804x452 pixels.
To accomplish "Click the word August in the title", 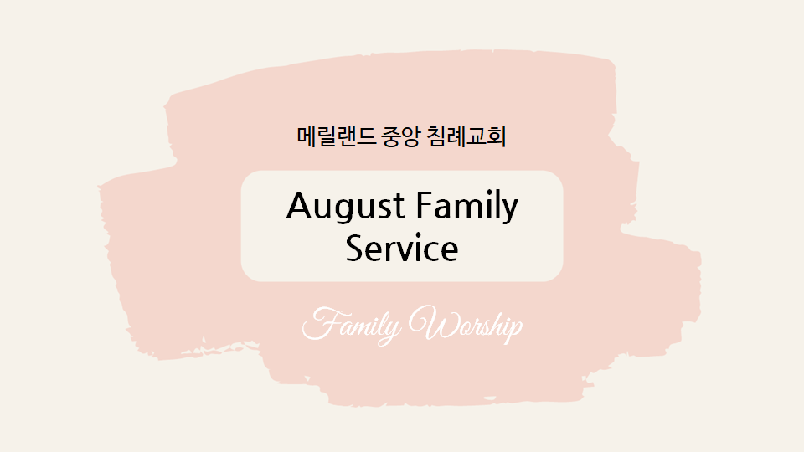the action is [x=346, y=207].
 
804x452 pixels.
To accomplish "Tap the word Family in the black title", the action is [x=467, y=206].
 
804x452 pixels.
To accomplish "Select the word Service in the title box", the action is [x=402, y=248].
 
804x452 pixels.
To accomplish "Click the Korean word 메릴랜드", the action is [x=337, y=136].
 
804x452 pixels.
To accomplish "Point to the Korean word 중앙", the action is [x=401, y=136].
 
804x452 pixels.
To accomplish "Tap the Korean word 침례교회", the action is [x=466, y=136].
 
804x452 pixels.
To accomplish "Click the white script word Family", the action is [x=352, y=326].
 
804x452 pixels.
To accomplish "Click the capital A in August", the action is [x=301, y=205].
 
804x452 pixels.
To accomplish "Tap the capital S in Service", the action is [x=355, y=248].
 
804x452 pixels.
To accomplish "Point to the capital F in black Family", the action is [x=425, y=205].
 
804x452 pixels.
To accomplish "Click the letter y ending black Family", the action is [x=508, y=211].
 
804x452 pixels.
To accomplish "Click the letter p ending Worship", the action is [x=514, y=329].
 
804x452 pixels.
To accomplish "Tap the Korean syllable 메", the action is [x=307, y=136].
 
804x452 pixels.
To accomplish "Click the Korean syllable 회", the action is [x=497, y=136].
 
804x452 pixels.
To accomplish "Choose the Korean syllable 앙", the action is [x=412, y=137].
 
